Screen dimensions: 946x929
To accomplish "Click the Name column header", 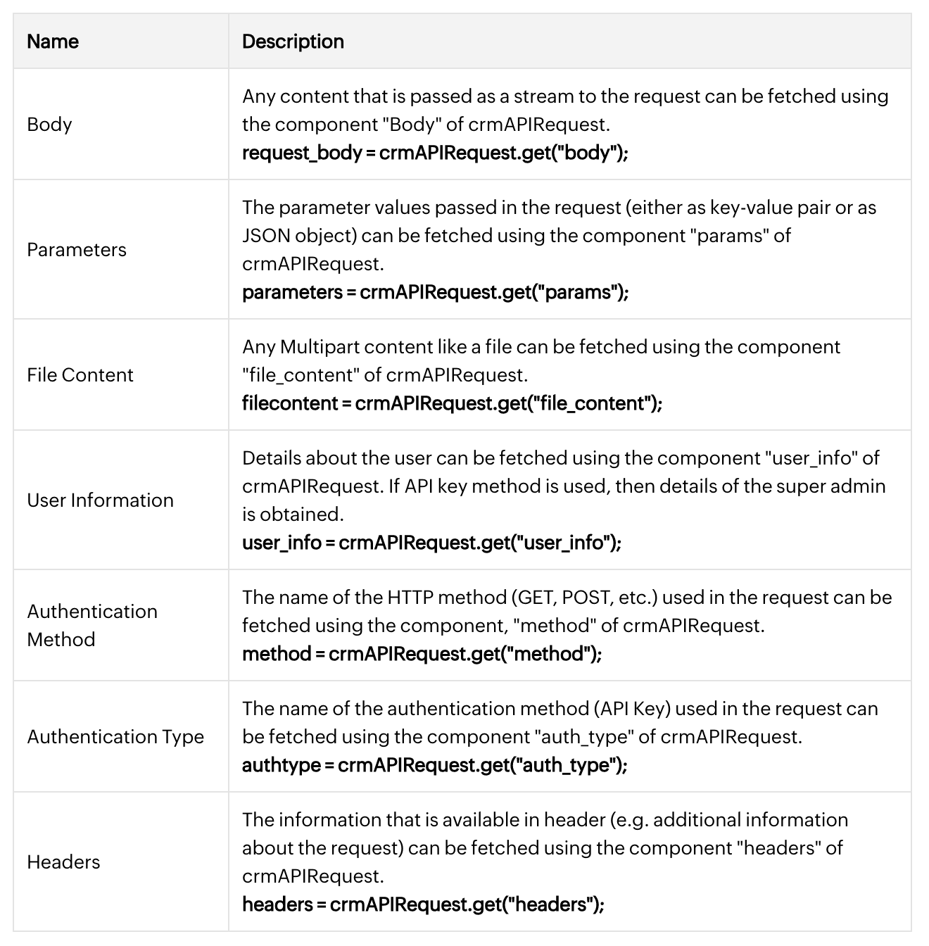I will click(x=53, y=42).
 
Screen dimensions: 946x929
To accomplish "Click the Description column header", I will click(x=293, y=42).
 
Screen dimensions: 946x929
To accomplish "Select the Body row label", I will click(x=49, y=125).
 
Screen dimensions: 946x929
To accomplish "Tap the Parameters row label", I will click(x=77, y=250).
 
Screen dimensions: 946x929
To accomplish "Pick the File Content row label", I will click(x=80, y=375).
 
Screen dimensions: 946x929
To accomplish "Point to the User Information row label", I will click(x=100, y=500).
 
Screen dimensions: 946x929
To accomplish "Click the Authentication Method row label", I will click(x=91, y=625).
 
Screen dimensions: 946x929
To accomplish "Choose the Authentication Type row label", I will click(x=115, y=737).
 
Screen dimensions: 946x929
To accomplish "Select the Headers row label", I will click(x=63, y=862).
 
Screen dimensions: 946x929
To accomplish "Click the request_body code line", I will click(x=435, y=153).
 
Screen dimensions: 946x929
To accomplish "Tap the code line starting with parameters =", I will click(x=435, y=292).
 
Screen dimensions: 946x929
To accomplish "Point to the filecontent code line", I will click(x=452, y=403).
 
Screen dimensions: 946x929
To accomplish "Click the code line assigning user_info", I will click(x=431, y=543).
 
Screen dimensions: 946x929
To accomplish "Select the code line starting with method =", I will click(x=422, y=654).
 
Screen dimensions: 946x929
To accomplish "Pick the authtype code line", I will click(x=434, y=765).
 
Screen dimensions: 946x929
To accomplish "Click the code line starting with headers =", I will click(x=423, y=904).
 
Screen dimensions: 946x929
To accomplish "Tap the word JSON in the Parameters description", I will click(x=265, y=236).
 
